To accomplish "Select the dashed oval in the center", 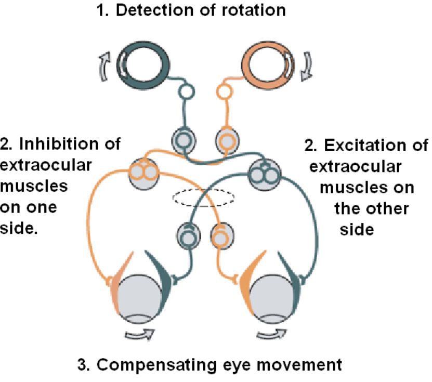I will click(203, 197).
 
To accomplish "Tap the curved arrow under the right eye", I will click(272, 334).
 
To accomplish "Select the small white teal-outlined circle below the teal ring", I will click(185, 95).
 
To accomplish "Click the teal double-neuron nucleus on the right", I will click(264, 170).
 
